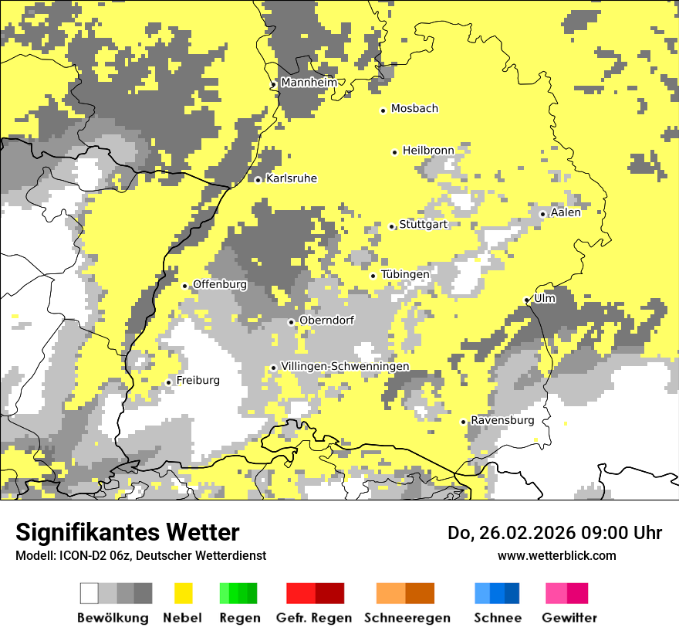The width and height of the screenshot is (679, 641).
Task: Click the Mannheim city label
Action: [x=309, y=83]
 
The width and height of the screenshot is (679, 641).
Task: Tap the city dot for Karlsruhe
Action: [x=258, y=180]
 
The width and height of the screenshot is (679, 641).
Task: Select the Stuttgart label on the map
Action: [x=423, y=225]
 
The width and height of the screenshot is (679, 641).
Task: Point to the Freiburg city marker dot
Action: [x=168, y=382]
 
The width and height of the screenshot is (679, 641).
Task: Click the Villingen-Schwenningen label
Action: [x=345, y=366]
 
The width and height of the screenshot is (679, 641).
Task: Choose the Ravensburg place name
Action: [x=502, y=420]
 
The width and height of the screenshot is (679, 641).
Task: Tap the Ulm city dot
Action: [x=527, y=300]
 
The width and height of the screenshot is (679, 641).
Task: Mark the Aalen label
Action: [x=566, y=212]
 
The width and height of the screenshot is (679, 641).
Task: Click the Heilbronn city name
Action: [x=427, y=151]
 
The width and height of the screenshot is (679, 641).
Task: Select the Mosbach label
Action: [x=414, y=109]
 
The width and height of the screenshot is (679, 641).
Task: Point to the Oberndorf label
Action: [x=327, y=320]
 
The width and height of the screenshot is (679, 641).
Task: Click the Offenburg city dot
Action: [x=184, y=286]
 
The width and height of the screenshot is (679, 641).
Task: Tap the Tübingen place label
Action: [x=405, y=274]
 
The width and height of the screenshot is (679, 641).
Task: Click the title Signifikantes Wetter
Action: [x=127, y=532]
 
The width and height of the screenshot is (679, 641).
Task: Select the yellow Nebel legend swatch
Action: [x=183, y=593]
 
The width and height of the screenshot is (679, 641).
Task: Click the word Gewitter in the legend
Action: [x=569, y=618]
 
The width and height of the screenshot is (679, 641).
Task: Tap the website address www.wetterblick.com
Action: [x=556, y=555]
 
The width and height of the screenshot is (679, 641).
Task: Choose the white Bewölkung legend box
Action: [x=90, y=593]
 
